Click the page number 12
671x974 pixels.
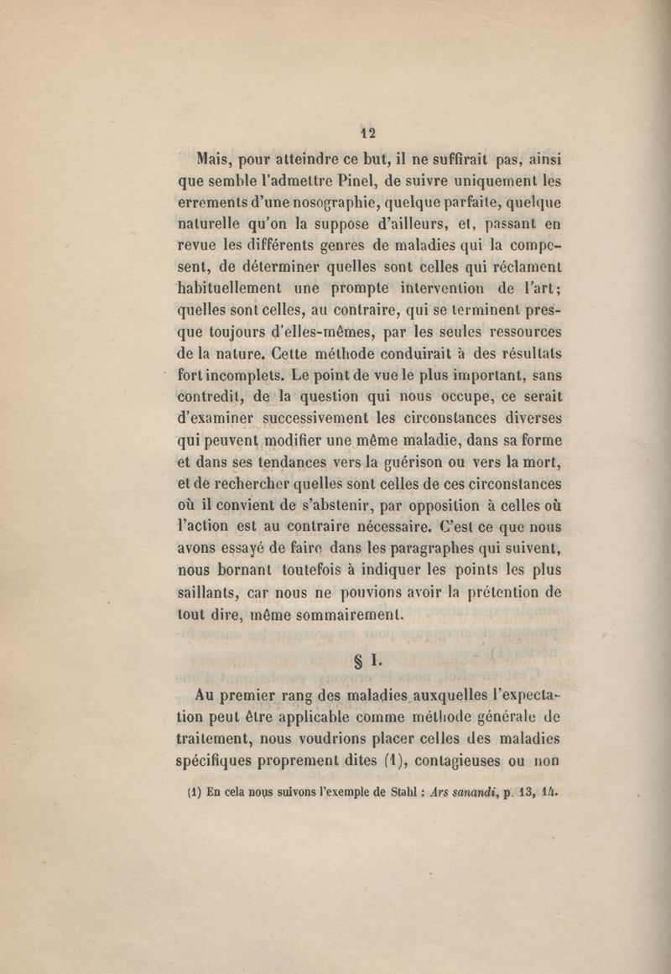367,133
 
